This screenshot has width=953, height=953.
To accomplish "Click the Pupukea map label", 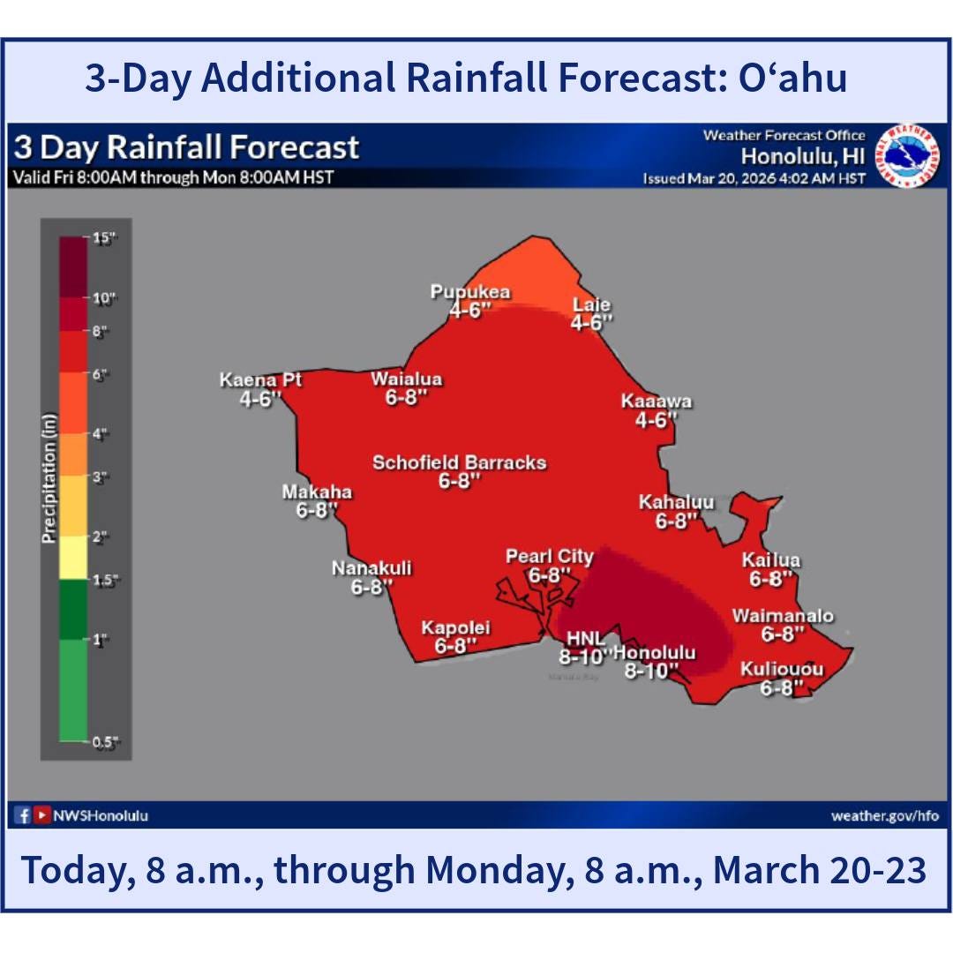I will click(469, 292).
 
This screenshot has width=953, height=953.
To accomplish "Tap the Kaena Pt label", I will click(260, 380).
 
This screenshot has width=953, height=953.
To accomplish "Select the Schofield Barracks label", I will click(459, 462).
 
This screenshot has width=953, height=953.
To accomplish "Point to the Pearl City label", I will click(549, 557).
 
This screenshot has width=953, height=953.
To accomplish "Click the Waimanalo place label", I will click(782, 616).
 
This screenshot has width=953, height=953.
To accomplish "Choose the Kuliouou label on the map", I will click(782, 670).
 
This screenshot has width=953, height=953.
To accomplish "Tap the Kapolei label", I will click(455, 628).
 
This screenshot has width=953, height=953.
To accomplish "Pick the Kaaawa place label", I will click(656, 402).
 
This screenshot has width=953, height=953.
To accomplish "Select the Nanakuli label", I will click(371, 568).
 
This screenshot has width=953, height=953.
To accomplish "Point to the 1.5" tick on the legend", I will click(106, 579).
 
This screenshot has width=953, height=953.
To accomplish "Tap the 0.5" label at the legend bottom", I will click(106, 741).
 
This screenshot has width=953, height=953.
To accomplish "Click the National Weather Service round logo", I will click(906, 155).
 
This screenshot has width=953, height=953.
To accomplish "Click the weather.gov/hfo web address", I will click(884, 815).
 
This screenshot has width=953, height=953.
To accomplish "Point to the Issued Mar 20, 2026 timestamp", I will click(754, 179).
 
